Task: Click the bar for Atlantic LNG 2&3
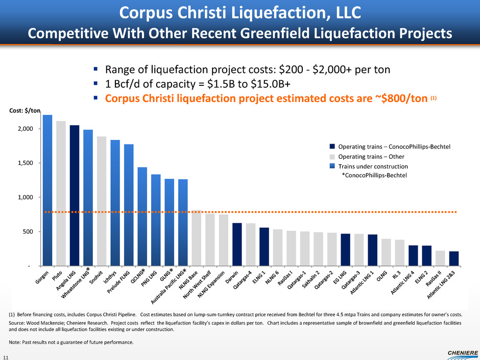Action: (x=453, y=258)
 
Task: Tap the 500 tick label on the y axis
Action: (x=30, y=231)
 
